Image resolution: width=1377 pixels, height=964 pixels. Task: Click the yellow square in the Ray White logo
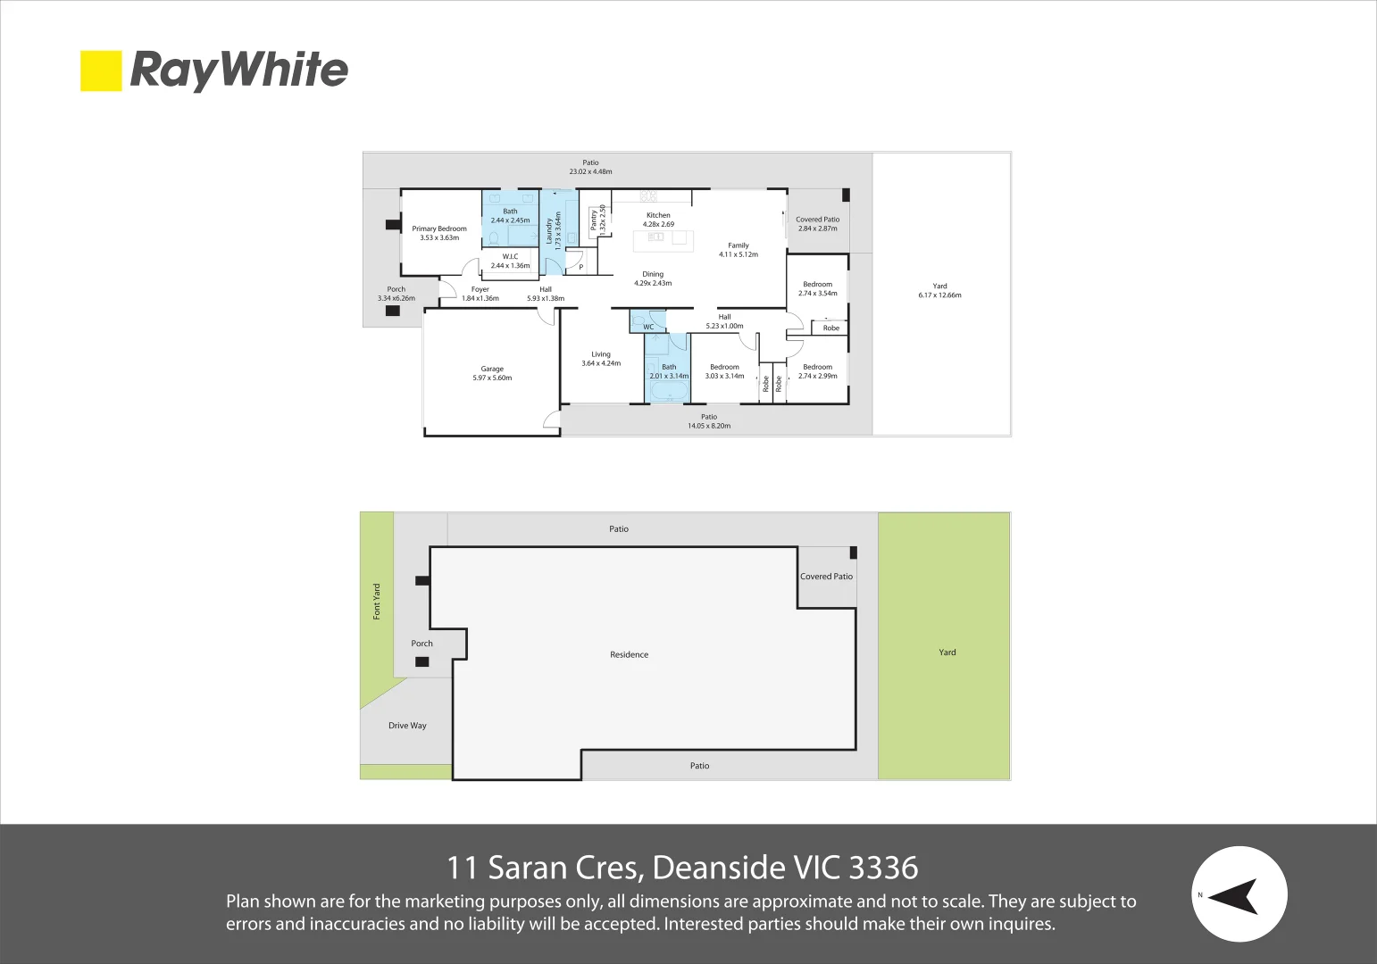(x=101, y=71)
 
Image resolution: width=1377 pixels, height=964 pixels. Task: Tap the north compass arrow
(x=1234, y=895)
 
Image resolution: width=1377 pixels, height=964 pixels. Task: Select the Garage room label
(x=492, y=369)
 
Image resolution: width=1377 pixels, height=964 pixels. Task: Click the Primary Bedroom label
(x=439, y=229)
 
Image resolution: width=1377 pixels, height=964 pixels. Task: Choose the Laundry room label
(x=549, y=231)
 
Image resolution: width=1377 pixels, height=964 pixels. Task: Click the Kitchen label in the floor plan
(x=658, y=215)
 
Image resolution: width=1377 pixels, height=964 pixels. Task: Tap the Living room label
(x=601, y=354)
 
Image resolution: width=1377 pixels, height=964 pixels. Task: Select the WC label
(x=648, y=327)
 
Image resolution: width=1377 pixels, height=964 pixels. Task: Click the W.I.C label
(x=510, y=256)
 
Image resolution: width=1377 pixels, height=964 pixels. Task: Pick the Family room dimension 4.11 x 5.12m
(x=739, y=254)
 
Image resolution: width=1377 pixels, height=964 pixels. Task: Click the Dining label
(x=653, y=274)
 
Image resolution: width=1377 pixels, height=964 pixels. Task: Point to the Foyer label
(x=480, y=289)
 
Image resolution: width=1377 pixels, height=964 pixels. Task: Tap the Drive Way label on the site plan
(x=407, y=726)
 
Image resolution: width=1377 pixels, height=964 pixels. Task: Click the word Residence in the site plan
(x=630, y=654)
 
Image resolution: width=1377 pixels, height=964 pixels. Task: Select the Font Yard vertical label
(x=377, y=602)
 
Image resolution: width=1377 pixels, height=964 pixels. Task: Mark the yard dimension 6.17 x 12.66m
(x=939, y=295)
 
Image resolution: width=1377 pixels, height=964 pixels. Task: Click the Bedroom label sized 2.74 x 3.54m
(x=818, y=284)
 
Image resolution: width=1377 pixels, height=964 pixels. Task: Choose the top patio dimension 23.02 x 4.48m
(x=590, y=171)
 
